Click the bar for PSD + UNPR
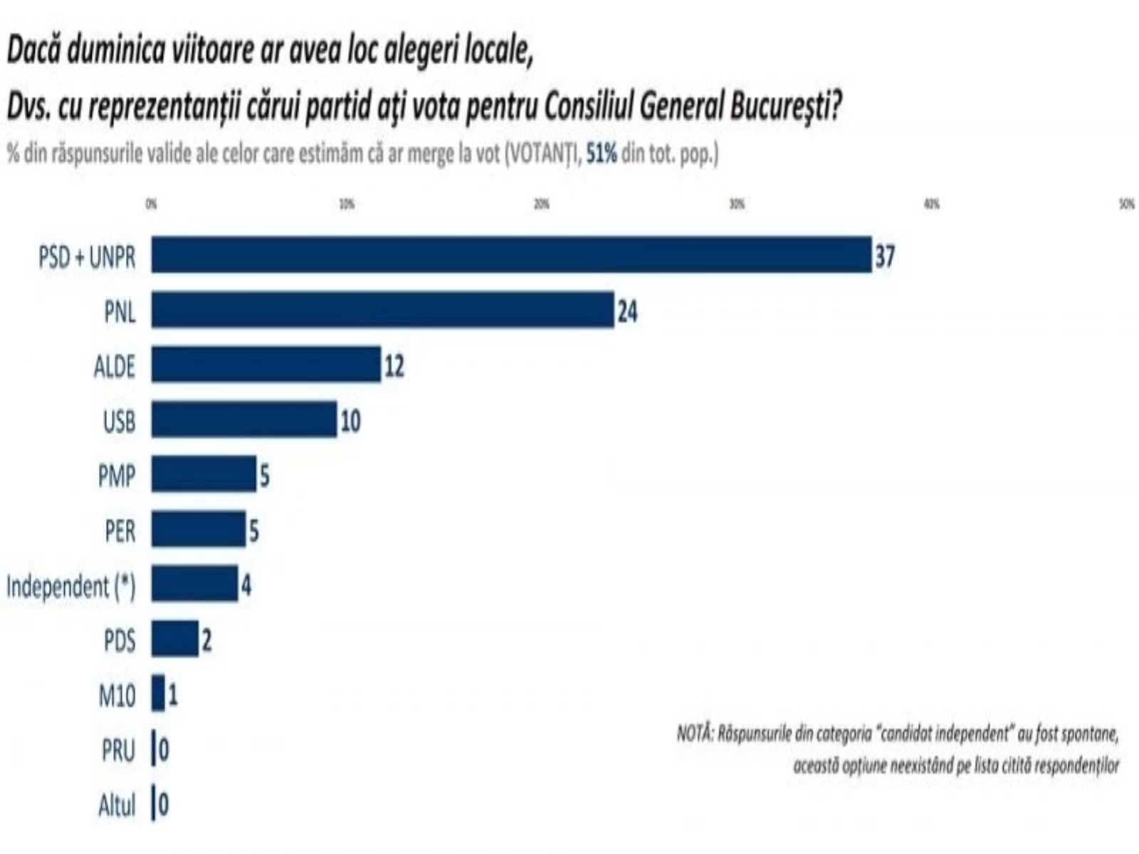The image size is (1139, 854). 511,255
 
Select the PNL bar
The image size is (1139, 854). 382,310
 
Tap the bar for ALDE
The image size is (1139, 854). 266,364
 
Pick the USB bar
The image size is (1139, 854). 243,419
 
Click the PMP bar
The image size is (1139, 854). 204,474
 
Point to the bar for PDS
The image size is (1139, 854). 174,638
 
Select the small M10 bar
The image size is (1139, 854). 158,694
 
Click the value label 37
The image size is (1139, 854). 884,255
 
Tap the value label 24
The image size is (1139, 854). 627,311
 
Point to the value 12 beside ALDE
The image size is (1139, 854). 394,366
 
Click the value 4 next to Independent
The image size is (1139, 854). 246,586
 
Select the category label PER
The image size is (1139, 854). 120,531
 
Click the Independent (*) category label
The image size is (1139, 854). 70,586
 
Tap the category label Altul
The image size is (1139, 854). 117,806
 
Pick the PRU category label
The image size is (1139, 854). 118,750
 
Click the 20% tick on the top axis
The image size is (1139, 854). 542,204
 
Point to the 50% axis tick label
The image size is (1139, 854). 1126,204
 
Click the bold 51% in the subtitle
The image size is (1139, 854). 602,154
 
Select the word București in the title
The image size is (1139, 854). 786,107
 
